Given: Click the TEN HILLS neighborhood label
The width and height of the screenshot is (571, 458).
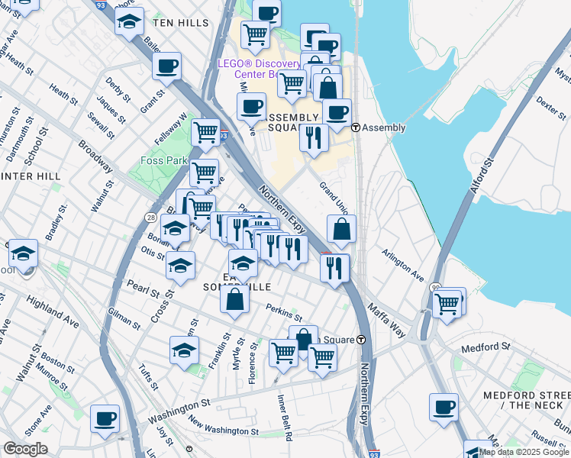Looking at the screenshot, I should coord(180,23).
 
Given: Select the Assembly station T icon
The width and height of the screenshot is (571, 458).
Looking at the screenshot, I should coord(356,127).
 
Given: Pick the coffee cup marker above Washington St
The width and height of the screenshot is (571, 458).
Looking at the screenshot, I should coord(105,418).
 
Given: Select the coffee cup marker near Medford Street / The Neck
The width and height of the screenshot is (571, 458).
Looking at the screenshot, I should coord(444,406).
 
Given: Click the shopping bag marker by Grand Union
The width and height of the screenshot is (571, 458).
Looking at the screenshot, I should coord(341,227).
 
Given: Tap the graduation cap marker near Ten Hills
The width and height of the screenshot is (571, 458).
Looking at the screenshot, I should coord(130,21).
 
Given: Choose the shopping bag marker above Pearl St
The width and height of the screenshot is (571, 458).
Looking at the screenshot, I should coord(234,298).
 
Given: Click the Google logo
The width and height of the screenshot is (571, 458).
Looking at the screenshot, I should coord(25,449).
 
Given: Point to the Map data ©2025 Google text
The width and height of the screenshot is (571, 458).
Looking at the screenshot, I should coord(524,452).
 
